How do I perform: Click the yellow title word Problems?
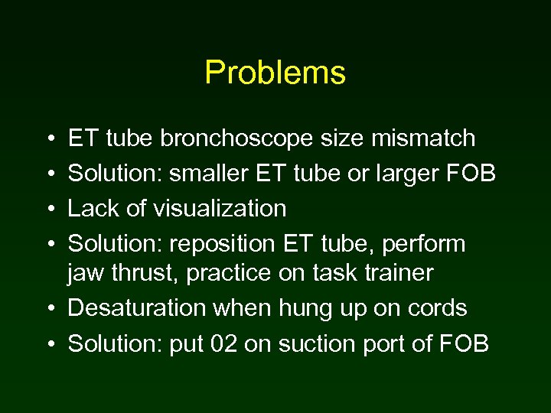[x=275, y=73]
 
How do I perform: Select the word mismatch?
[x=429, y=138]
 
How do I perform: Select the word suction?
[x=314, y=343]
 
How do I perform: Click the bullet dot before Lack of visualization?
[x=50, y=209]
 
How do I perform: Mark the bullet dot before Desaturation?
[x=50, y=309]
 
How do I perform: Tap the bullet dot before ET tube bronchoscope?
[x=50, y=139]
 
